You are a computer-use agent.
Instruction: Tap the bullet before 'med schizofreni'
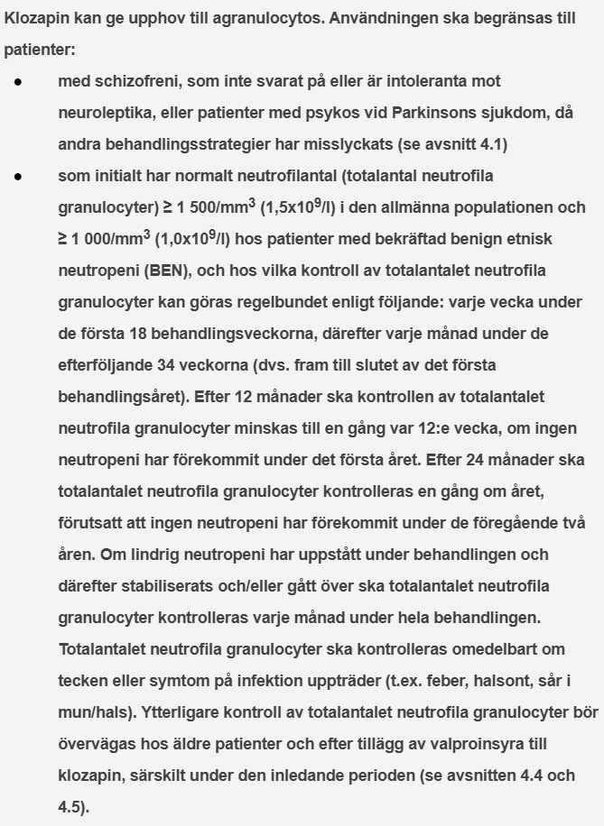[x=18, y=81]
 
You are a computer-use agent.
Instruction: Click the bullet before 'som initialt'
[x=18, y=176]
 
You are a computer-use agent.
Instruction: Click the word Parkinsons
[x=431, y=113]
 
